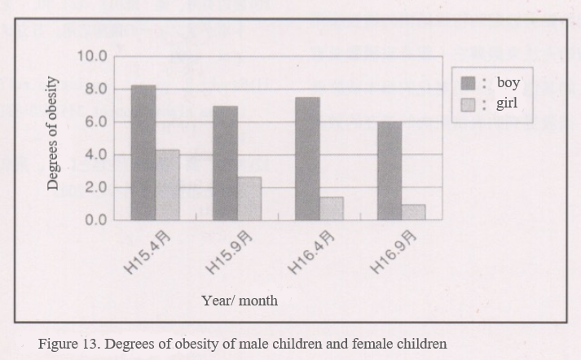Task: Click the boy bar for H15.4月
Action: coord(143,152)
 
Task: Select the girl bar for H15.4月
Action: coord(168,185)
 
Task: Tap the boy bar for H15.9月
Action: coord(226,163)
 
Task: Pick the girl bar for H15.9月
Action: coord(249,199)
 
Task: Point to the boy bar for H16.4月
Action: coord(307,159)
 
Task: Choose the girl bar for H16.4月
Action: coord(331,209)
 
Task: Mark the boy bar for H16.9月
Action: coord(390,171)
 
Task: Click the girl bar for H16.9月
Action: coord(413,212)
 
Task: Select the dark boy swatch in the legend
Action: coord(469,83)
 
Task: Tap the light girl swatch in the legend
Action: coord(469,103)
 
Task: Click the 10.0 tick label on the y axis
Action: coord(92,56)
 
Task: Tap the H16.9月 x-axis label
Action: coord(394,252)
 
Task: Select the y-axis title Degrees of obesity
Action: coord(53,133)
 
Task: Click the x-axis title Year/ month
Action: coord(240,301)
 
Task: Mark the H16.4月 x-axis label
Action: coord(313,252)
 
